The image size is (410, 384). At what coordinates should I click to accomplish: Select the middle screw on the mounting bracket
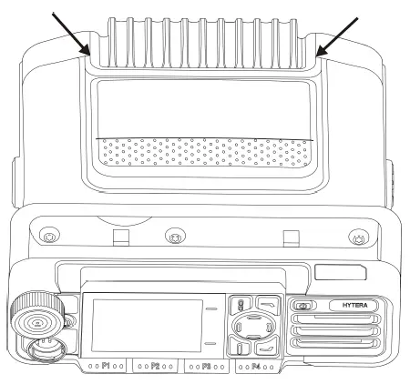(173, 238)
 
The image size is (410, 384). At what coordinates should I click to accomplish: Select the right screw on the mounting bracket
(357, 238)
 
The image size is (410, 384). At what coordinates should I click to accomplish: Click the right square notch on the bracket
(292, 238)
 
